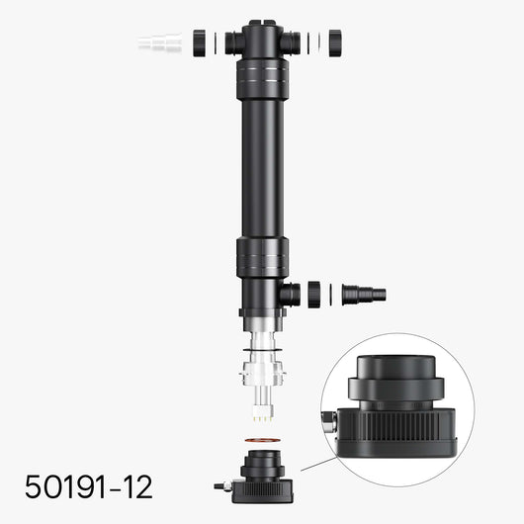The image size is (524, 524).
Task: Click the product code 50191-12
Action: point(90,486)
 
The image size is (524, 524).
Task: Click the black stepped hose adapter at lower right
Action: point(363,294)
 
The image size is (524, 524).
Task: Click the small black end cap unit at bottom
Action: point(260,475)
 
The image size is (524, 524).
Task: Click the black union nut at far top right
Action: point(334,43)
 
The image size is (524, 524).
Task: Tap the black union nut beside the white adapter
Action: point(200,43)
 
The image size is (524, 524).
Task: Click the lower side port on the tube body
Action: point(290,294)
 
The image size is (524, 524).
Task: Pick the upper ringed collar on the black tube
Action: point(261,79)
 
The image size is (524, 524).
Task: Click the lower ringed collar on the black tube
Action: point(261,260)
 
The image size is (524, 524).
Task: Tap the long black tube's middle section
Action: point(261,168)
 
